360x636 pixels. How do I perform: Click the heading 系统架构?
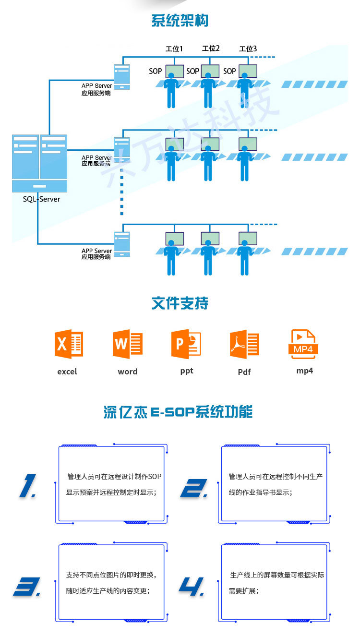180,21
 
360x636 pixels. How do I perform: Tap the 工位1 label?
174,48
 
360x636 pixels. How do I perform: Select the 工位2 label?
211,48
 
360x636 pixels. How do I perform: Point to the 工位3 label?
248,48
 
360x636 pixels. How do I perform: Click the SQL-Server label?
42,199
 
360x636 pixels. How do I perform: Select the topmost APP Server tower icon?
121,77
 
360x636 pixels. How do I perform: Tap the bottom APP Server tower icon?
121,244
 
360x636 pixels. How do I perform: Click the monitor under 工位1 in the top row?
175,72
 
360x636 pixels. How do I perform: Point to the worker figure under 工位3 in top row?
245,91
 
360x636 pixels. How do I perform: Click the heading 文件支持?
180,303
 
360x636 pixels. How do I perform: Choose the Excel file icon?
69,344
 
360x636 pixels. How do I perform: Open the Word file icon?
128,344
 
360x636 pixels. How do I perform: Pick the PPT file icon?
186,344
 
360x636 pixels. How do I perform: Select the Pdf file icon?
244,344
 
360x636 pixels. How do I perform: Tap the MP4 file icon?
303,344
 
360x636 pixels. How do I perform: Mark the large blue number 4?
193,586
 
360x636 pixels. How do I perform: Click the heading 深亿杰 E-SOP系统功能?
178,412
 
